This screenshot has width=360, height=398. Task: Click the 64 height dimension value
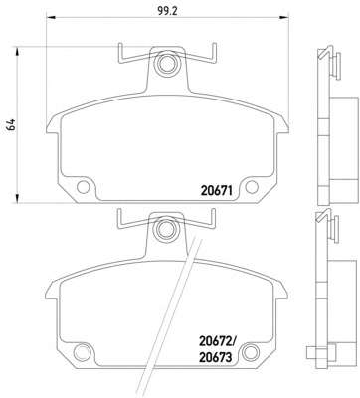(11, 125)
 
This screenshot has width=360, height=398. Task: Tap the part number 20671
(215, 190)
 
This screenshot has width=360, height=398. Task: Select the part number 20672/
(217, 342)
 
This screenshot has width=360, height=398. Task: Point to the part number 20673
(215, 357)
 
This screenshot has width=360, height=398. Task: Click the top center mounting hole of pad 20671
(166, 63)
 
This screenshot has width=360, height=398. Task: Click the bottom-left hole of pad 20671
(83, 187)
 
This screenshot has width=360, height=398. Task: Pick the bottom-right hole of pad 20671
(252, 187)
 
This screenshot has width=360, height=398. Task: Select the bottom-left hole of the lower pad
(82, 352)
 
